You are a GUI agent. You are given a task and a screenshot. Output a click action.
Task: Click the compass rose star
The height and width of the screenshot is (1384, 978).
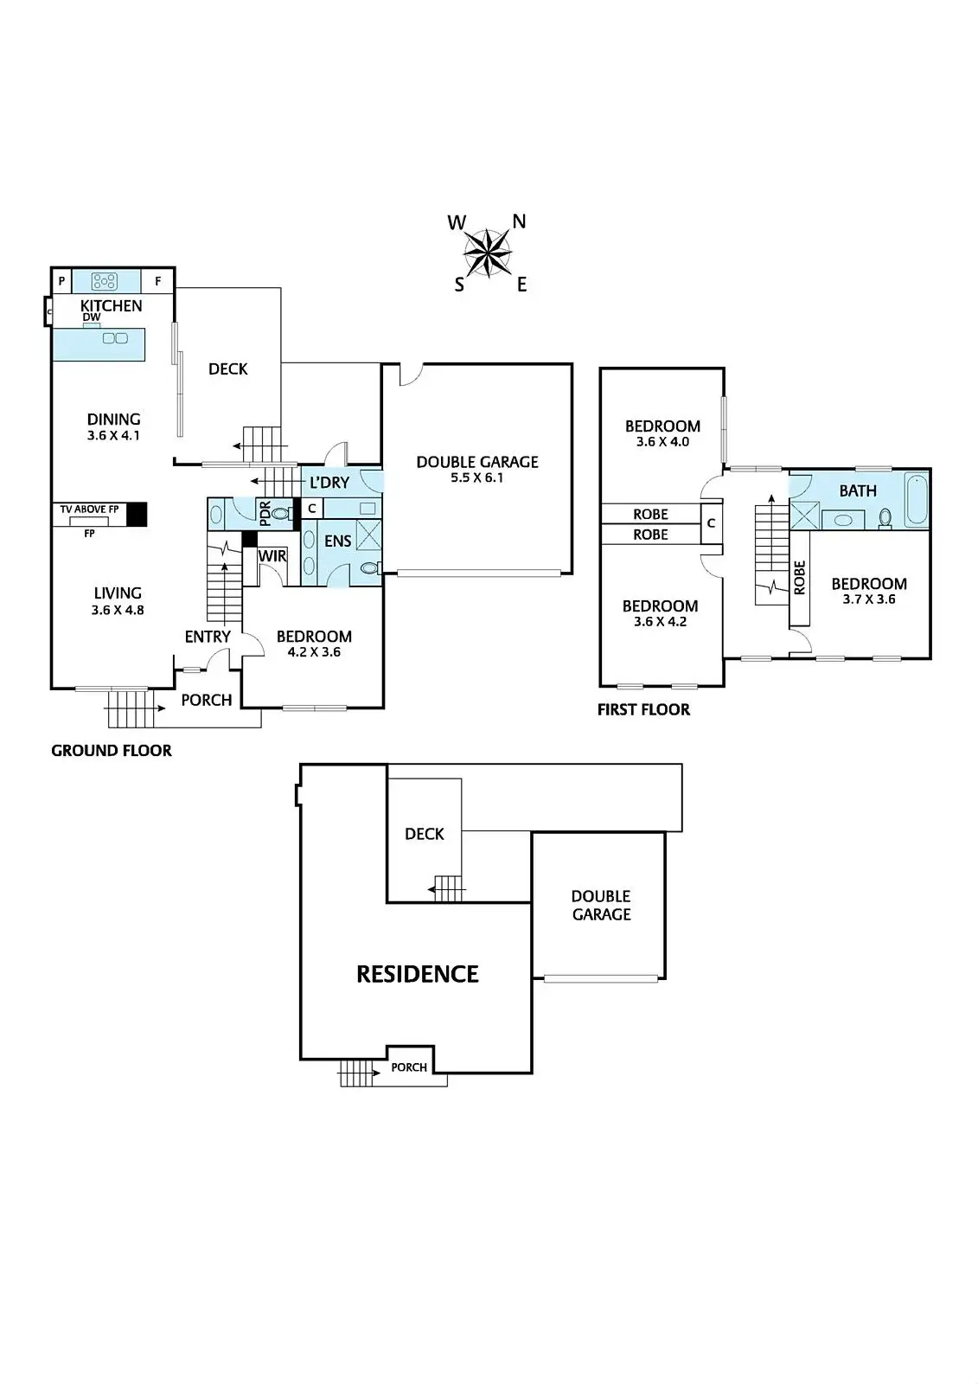coord(489,253)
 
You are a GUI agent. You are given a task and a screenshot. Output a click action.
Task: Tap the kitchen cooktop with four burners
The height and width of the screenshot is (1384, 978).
coord(105,281)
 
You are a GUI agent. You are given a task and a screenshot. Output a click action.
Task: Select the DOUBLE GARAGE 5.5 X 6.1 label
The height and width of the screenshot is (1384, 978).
coord(477,469)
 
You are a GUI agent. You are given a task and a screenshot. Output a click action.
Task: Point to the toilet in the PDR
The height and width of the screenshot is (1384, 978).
coord(279,514)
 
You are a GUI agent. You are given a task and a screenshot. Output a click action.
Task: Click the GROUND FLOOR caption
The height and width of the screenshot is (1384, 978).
coord(112,751)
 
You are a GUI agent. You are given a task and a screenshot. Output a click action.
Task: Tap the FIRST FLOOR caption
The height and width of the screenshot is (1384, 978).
coord(643,710)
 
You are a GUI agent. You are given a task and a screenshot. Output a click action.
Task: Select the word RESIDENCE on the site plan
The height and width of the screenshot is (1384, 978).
coord(418,975)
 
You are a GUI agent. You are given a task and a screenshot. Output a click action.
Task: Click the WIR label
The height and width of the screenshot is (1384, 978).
coord(272,556)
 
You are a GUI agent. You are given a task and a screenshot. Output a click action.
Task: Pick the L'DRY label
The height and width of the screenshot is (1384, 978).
coord(329,483)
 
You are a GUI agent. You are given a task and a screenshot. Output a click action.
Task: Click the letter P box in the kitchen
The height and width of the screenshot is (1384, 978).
coord(61,281)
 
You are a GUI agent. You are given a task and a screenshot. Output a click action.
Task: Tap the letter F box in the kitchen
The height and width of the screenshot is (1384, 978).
coord(157,281)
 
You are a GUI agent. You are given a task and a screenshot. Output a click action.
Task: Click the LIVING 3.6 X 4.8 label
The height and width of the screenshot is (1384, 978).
coord(118,600)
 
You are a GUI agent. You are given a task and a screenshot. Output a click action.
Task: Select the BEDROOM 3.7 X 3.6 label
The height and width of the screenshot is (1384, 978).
coord(869,591)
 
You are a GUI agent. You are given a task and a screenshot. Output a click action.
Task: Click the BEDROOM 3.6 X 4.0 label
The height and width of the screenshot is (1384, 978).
coord(662,433)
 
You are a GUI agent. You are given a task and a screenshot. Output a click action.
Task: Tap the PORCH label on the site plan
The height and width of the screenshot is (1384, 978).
coord(409,1067)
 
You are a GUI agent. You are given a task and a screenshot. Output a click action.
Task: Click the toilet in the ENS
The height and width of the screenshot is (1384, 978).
coord(369,568)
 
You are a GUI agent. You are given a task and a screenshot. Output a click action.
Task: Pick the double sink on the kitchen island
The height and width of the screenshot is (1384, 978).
coord(115,338)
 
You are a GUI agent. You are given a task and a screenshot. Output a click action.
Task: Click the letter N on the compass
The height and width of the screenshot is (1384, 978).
coord(519,221)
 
